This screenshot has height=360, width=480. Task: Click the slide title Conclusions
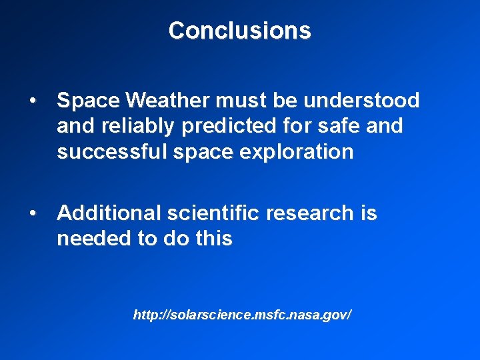[x=239, y=31]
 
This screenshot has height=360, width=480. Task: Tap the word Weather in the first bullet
[x=168, y=101]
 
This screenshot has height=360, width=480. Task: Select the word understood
[x=362, y=101]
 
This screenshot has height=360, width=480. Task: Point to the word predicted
[x=234, y=126]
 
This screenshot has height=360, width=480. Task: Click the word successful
[x=109, y=152]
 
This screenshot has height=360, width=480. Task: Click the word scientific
[x=213, y=213]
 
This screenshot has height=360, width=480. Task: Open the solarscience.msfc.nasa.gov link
[x=242, y=314]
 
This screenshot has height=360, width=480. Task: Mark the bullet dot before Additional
[x=33, y=214]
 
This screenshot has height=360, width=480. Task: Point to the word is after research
[x=369, y=213]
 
